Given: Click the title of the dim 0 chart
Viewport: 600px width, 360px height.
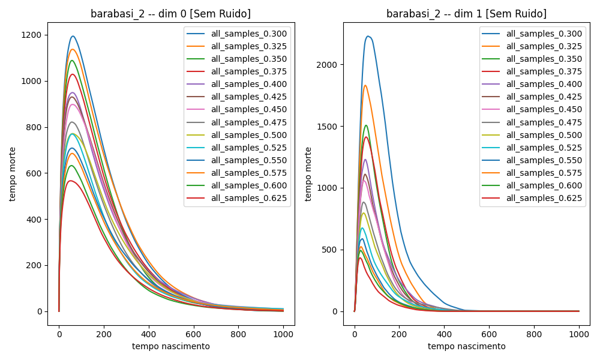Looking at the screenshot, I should pos(171,14).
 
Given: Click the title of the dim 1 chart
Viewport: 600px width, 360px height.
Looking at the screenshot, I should pos(466,14).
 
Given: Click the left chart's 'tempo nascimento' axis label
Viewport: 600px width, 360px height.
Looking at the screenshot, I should pos(171,346).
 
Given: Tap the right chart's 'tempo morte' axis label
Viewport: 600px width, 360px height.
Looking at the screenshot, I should pos(309,174).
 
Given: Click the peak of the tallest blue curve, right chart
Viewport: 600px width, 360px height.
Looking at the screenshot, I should pos(368,36).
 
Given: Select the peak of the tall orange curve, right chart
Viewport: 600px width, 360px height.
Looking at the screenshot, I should pos(365,85).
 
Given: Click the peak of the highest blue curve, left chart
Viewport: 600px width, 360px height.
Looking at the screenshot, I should pos(73,36).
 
